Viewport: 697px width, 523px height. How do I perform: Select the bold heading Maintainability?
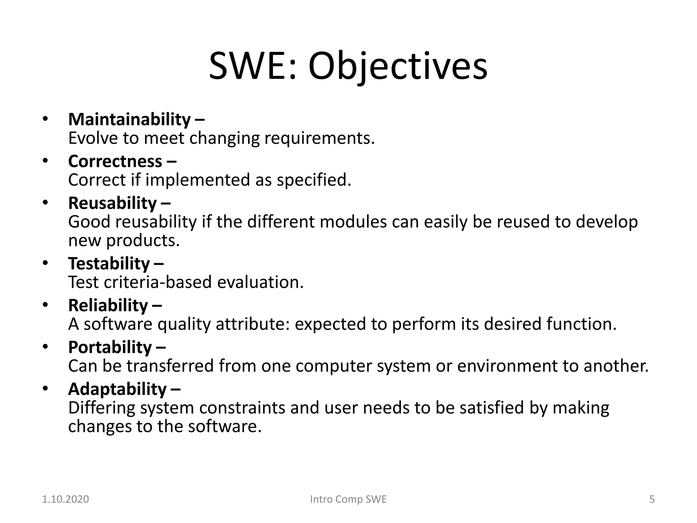point(129,120)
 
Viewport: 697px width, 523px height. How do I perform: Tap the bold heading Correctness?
point(115,161)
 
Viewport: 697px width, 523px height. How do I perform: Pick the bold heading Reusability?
point(112,203)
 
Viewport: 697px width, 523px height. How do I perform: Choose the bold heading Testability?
point(109,264)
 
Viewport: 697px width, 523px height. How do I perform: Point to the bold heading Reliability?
point(108,305)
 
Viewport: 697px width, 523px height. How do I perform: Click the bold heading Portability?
point(110,347)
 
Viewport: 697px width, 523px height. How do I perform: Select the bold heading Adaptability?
point(117,389)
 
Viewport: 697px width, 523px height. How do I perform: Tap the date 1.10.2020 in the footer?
point(65,499)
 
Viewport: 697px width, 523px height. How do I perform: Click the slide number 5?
point(652,499)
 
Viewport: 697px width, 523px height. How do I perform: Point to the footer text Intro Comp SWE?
point(348,499)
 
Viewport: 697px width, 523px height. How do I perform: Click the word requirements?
point(319,138)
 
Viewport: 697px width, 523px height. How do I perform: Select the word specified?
point(313,180)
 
